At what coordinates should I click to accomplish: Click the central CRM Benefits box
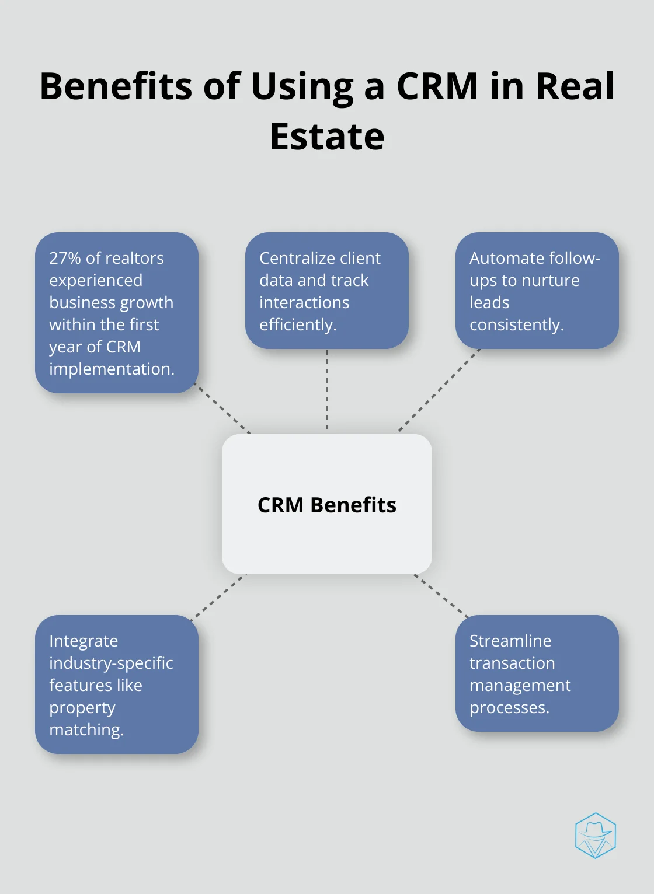click(326, 504)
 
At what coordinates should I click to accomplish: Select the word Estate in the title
click(327, 137)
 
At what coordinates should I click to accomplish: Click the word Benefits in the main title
click(116, 86)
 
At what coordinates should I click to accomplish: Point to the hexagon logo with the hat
click(595, 835)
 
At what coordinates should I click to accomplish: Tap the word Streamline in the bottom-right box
click(510, 641)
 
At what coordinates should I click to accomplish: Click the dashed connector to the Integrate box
click(218, 598)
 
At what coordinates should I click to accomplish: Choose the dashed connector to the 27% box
click(223, 408)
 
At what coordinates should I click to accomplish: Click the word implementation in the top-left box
click(112, 369)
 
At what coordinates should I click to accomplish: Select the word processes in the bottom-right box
click(509, 708)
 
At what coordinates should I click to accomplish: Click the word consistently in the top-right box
click(517, 325)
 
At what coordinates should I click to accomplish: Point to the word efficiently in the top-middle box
click(298, 325)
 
